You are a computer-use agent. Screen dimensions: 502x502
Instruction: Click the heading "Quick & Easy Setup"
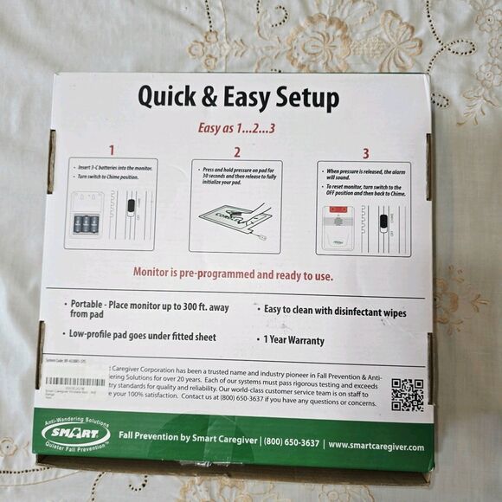tap(238, 98)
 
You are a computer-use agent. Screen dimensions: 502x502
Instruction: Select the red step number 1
tap(111, 151)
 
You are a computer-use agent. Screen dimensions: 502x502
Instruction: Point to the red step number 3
tap(365, 154)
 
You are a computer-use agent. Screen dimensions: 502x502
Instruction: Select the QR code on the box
tap(407, 394)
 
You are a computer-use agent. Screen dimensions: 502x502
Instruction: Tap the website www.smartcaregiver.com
tap(376, 446)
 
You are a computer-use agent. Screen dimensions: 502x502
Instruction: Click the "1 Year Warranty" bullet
tap(294, 341)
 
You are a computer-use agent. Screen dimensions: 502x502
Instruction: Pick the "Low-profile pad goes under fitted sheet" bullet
tap(143, 335)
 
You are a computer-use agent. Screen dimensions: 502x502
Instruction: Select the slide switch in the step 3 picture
tap(383, 222)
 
